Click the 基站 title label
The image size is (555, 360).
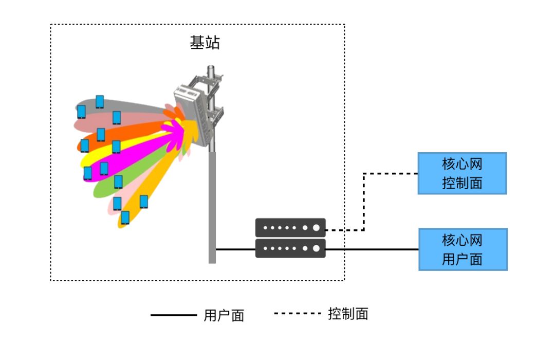coord(205,43)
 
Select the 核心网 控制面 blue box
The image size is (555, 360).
coord(462,173)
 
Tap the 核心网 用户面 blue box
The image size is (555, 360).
coord(463,249)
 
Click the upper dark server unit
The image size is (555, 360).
coord(290,227)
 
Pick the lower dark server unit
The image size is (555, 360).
coord(290,248)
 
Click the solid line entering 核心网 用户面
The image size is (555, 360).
coord(372,249)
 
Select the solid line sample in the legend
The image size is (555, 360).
coord(174,315)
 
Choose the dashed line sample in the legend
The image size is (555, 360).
coord(298,313)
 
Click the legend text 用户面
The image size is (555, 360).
coord(224,315)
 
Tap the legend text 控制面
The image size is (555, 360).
coord(348,314)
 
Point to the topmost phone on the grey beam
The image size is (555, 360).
coord(100,102)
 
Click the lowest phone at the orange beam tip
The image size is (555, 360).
coord(125,218)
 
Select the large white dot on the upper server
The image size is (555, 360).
coord(316,227)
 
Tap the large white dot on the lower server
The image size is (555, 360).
coord(316,248)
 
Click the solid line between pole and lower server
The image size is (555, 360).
coord(235,249)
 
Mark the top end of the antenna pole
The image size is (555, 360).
coord(211,66)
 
